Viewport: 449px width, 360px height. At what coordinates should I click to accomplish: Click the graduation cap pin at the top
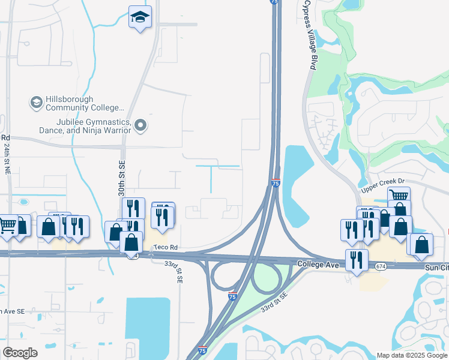tap(140, 17)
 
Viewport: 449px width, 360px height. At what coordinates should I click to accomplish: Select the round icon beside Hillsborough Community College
tap(36, 103)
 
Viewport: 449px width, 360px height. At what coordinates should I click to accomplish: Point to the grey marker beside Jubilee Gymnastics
tap(141, 125)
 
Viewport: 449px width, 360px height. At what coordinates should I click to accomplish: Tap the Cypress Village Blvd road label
tap(310, 36)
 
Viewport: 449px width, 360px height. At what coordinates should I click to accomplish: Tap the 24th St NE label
tap(7, 158)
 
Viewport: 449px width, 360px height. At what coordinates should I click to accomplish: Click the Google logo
tap(20, 353)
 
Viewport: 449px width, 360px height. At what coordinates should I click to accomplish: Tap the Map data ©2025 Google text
tap(412, 355)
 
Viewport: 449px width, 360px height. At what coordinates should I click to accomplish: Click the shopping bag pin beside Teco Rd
tap(131, 243)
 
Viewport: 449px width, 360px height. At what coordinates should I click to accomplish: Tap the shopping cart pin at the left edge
tap(8, 226)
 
